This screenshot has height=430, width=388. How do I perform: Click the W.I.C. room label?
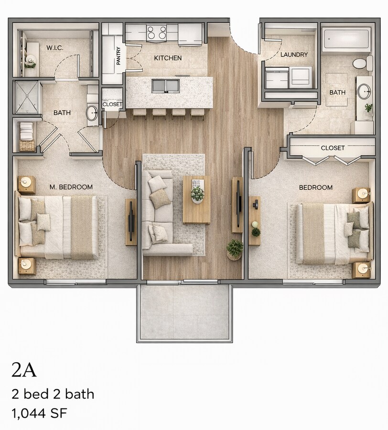[x=55, y=48]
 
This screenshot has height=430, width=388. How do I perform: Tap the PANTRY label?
[x=118, y=55]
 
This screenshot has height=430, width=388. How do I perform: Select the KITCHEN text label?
[x=167, y=58]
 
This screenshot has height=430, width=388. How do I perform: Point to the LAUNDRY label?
[x=294, y=54]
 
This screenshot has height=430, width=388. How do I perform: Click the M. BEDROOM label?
[x=71, y=187]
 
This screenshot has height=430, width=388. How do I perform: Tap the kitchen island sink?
[x=165, y=86]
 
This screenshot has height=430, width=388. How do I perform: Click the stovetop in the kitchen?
[x=156, y=32]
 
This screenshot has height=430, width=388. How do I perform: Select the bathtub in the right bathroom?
[x=346, y=39]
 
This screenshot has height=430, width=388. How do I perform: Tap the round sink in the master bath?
[x=92, y=113]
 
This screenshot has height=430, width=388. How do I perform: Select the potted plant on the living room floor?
[x=235, y=248]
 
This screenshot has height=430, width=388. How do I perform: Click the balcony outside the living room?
[x=184, y=312]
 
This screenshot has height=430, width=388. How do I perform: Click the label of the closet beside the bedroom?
[x=333, y=148]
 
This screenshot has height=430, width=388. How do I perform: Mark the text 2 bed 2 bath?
[x=53, y=394]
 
